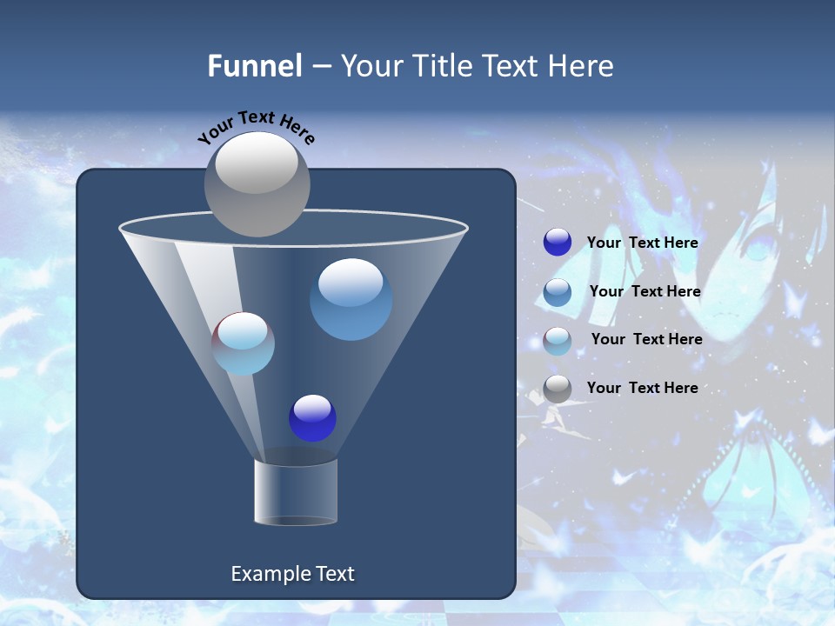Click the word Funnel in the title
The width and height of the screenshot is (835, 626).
(x=254, y=66)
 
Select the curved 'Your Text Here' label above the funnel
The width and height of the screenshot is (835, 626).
(x=257, y=127)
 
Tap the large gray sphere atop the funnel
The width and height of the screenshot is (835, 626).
(x=257, y=183)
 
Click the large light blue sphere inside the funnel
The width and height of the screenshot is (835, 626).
(x=351, y=299)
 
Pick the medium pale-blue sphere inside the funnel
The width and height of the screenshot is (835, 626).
(x=244, y=343)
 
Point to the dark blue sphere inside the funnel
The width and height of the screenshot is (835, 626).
(x=312, y=418)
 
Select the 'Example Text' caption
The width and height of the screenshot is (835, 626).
(x=293, y=574)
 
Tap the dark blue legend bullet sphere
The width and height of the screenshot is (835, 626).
(x=558, y=243)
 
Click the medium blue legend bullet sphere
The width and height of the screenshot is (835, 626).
(x=558, y=292)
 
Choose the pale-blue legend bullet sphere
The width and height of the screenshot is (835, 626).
(x=558, y=341)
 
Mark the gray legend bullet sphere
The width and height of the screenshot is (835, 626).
(x=558, y=389)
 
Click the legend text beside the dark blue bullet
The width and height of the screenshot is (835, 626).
(x=642, y=243)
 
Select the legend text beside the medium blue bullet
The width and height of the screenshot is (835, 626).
(x=645, y=292)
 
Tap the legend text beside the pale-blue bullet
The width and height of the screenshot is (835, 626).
(x=646, y=340)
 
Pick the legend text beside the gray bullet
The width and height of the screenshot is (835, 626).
(x=642, y=388)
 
